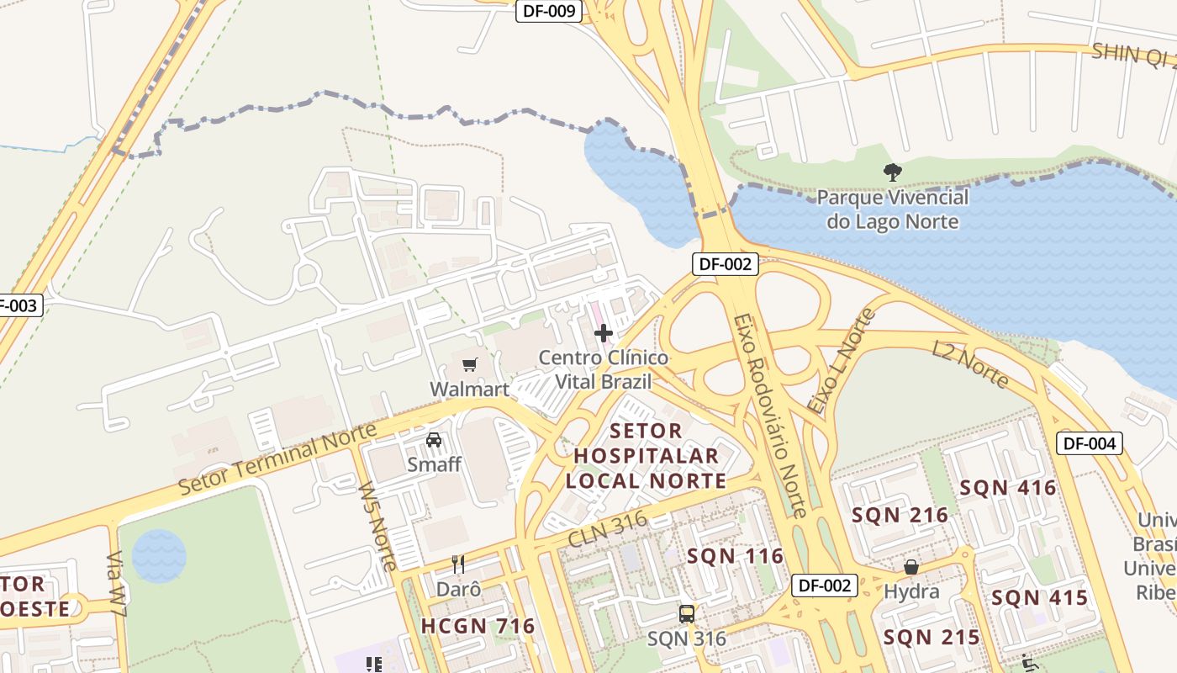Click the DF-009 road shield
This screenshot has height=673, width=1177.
pyautogui.click(x=549, y=11)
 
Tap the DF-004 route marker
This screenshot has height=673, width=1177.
pyautogui.click(x=1090, y=442)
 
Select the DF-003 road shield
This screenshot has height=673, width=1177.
pyautogui.click(x=17, y=305)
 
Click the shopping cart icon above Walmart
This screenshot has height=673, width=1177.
pyautogui.click(x=469, y=364)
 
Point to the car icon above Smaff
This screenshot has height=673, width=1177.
pyautogui.click(x=434, y=439)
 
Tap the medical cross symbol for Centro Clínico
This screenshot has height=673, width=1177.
pyautogui.click(x=603, y=333)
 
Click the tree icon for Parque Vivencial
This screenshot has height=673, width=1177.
pyautogui.click(x=892, y=172)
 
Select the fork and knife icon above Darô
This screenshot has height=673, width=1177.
pyautogui.click(x=458, y=564)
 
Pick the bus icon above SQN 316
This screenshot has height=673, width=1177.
pyautogui.click(x=687, y=613)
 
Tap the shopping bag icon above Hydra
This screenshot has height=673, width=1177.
pyautogui.click(x=910, y=567)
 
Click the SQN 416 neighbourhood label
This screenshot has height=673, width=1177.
pyautogui.click(x=1008, y=488)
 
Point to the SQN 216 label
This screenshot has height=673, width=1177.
pyautogui.click(x=900, y=515)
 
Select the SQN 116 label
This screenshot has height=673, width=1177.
pyautogui.click(x=735, y=556)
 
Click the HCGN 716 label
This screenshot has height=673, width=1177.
pyautogui.click(x=478, y=626)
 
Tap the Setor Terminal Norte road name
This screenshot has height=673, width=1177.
pyautogui.click(x=277, y=459)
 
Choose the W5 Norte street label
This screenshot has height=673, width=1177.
pyautogui.click(x=377, y=526)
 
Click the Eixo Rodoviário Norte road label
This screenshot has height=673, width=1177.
pyautogui.click(x=769, y=416)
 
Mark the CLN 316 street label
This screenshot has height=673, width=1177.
pyautogui.click(x=607, y=528)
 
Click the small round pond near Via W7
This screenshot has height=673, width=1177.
pyautogui.click(x=159, y=556)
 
